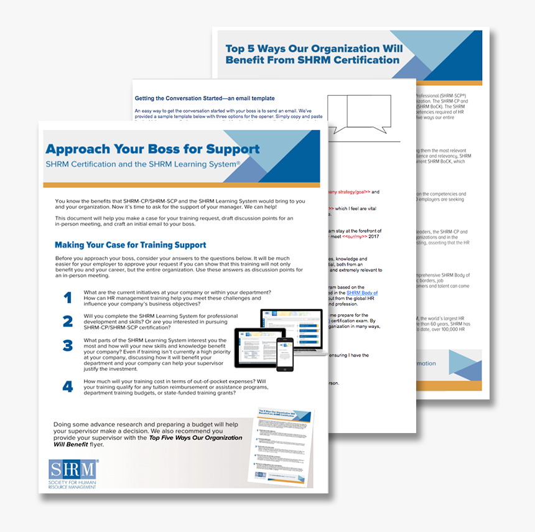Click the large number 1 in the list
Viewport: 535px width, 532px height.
pyautogui.click(x=68, y=297)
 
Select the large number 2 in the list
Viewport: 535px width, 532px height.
pyautogui.click(x=68, y=321)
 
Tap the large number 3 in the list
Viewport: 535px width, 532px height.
pyautogui.click(x=68, y=345)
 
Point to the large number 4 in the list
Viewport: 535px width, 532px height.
pyautogui.click(x=68, y=386)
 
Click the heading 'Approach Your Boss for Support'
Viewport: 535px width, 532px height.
pyautogui.click(x=152, y=149)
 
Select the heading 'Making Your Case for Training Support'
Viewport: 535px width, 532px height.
pyautogui.click(x=130, y=245)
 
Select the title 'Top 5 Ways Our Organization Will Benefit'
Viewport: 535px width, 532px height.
pyautogui.click(x=314, y=54)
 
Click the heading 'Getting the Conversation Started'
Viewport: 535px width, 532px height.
pyautogui.click(x=205, y=98)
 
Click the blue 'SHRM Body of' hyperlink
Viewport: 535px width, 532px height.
pyautogui.click(x=361, y=292)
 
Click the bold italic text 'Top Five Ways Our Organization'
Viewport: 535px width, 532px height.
pyautogui.click(x=195, y=438)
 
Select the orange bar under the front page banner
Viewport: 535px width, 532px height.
pyautogui.click(x=181, y=184)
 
